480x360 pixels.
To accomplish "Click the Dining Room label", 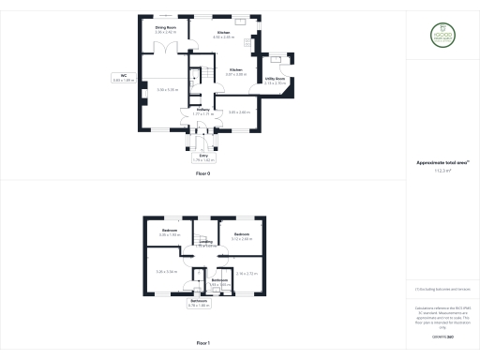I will (165, 30).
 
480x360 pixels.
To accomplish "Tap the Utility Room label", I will (275, 81).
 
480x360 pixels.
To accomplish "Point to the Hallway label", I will (202, 112).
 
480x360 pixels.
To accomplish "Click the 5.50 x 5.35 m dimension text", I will (167, 90).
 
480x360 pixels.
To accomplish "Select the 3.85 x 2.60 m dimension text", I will (239, 112).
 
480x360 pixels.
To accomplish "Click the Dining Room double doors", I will (166, 49).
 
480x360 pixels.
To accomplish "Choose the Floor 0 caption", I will (202, 175).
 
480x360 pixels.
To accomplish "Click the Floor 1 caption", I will (202, 344).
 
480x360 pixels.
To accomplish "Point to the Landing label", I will (205, 243).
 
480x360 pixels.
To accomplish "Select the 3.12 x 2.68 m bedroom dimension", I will (241, 239).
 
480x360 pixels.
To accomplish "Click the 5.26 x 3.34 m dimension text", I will (166, 272).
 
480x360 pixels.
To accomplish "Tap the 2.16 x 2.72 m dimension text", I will (246, 274).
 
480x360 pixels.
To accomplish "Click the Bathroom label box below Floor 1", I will (200, 304).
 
